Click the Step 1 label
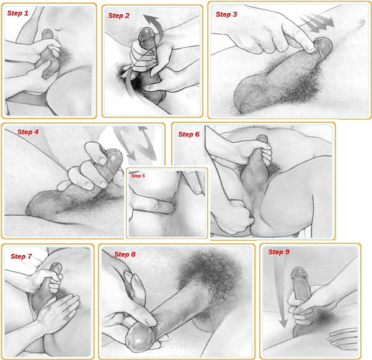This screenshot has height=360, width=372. click(18, 13)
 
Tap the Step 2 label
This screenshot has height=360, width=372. click(119, 16)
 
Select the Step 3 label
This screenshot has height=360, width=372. click(226, 14)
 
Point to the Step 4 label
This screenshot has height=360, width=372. click(28, 132)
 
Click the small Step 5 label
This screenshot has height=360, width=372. click(138, 176)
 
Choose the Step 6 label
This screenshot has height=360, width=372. click(189, 134)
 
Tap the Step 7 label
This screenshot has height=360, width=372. click(21, 256)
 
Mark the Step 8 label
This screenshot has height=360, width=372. click(125, 254)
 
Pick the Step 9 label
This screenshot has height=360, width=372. click(279, 252)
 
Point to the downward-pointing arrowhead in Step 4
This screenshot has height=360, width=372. click(131, 156)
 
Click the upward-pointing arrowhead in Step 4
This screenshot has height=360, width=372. click(143, 129)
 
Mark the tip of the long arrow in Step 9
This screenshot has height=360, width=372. click(283, 328)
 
